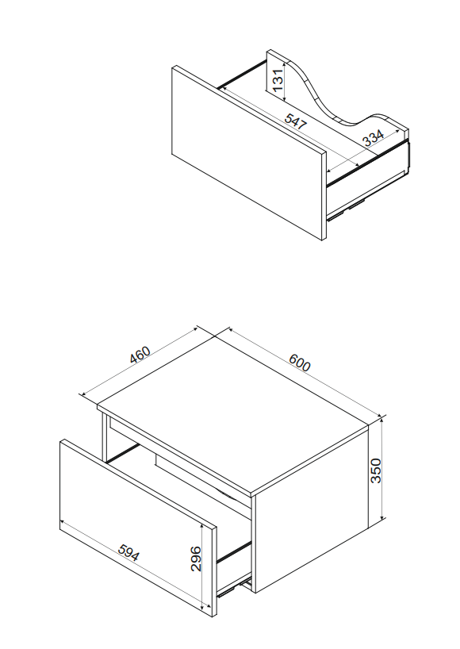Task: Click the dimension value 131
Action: (x=278, y=80)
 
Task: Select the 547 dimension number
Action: (x=296, y=121)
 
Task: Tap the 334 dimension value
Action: (x=373, y=138)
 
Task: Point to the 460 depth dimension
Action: (x=140, y=355)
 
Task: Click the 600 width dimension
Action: (x=300, y=362)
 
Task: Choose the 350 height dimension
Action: (x=376, y=470)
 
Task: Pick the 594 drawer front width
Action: (x=128, y=552)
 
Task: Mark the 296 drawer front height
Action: (x=196, y=559)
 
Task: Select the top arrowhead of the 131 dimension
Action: (x=285, y=63)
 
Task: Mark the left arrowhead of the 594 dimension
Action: (x=63, y=522)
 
